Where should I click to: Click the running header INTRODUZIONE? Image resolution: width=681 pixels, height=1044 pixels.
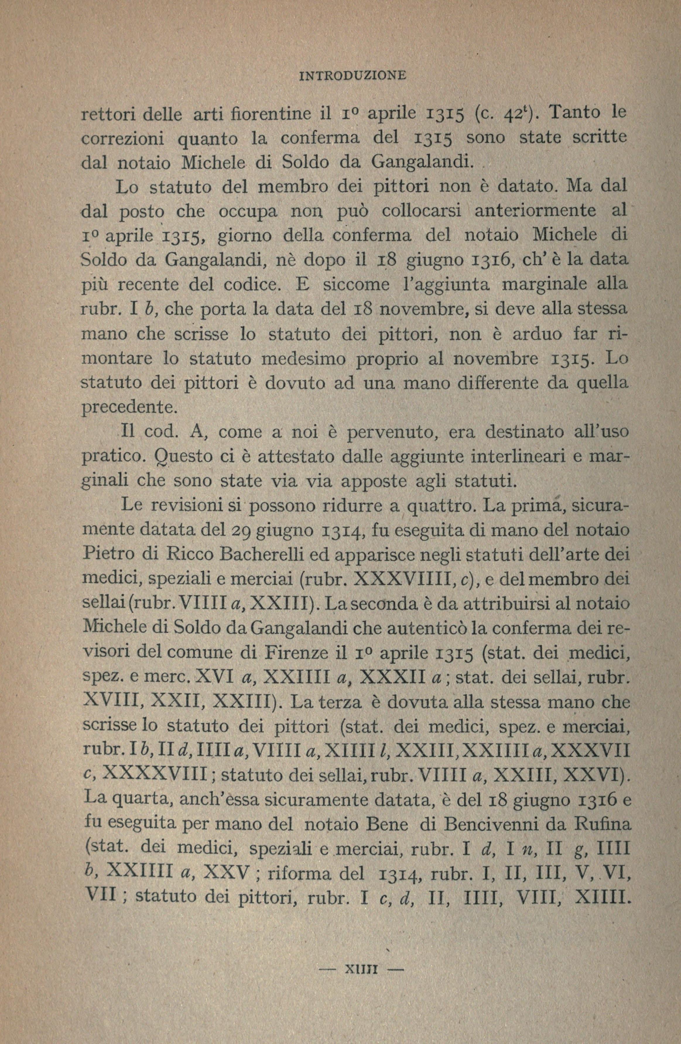click(352, 75)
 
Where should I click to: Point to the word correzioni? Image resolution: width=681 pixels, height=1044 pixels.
click(124, 140)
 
